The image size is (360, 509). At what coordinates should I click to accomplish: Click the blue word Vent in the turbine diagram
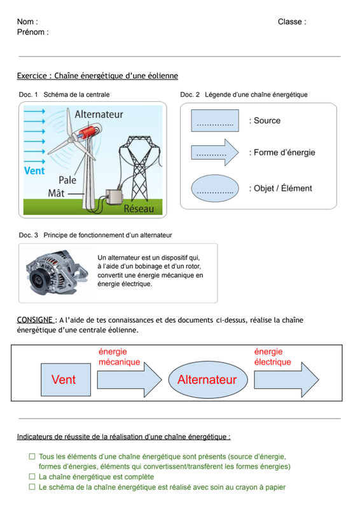click(x=34, y=171)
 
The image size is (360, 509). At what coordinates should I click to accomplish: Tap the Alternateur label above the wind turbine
click(x=99, y=115)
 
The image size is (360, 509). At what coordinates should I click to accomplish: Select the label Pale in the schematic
click(x=67, y=180)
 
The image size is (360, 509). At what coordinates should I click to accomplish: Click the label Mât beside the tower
click(x=56, y=193)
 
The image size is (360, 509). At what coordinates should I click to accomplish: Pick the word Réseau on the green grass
click(x=139, y=209)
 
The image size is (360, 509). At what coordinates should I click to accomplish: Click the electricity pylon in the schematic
click(x=139, y=169)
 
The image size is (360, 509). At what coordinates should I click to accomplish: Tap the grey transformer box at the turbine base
click(x=114, y=197)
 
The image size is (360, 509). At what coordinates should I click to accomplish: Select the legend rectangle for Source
click(x=215, y=120)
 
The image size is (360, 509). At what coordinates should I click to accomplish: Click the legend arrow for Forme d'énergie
click(x=215, y=153)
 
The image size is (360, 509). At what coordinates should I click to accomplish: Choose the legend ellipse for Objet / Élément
click(x=215, y=188)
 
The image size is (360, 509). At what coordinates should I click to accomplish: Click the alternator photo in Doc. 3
click(x=57, y=273)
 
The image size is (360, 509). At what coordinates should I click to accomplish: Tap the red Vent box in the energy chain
click(x=66, y=380)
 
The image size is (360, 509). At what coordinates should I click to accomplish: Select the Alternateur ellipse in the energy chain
click(x=208, y=380)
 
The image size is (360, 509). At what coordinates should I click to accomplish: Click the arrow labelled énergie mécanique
click(x=130, y=380)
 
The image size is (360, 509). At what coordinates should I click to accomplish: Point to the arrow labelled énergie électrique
click(x=286, y=380)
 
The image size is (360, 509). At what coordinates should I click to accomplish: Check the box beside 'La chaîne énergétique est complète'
click(x=32, y=477)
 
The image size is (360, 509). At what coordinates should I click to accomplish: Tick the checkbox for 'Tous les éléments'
click(x=32, y=456)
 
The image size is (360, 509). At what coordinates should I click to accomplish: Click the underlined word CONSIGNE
click(x=35, y=320)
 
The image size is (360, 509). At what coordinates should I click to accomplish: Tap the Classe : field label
click(x=292, y=22)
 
